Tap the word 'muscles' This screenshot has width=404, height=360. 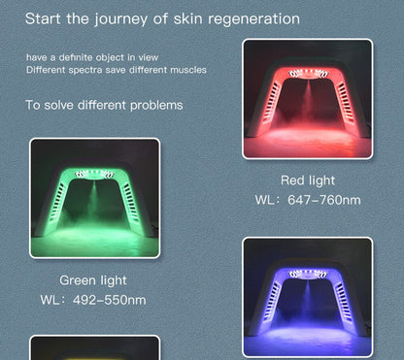point(185,71)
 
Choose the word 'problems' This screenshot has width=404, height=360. point(153,105)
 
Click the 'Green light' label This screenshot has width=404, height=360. point(93,280)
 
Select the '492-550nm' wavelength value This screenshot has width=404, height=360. point(109,300)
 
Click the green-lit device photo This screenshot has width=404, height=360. point(94,198)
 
